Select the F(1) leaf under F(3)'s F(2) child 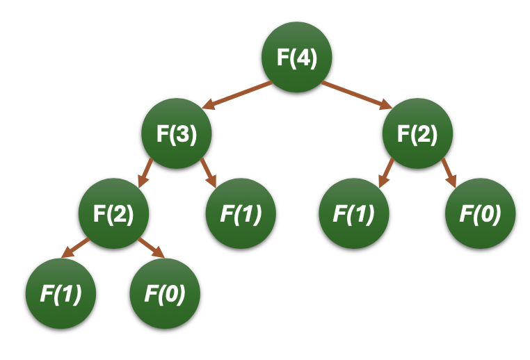click(x=60, y=294)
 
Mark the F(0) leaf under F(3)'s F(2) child click(x=165, y=294)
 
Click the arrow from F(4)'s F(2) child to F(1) click(x=387, y=172)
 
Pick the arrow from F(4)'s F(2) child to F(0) click(x=448, y=172)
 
